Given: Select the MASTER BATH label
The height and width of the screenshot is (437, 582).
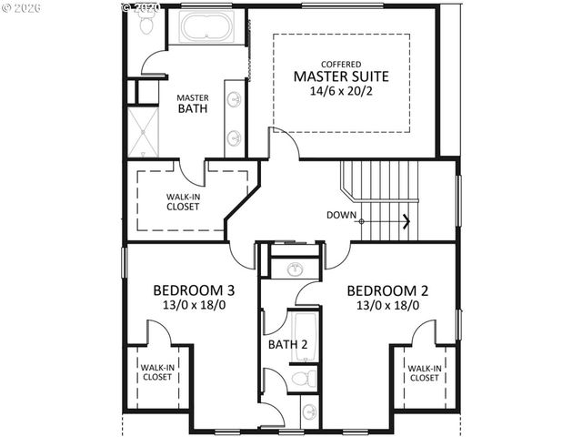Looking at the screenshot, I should [x=192, y=103].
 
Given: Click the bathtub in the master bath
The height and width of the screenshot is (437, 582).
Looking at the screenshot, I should [x=207, y=27].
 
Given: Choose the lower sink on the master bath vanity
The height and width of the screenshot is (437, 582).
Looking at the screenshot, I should [x=235, y=137].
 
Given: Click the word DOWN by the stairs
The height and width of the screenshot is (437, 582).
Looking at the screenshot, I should [x=341, y=215].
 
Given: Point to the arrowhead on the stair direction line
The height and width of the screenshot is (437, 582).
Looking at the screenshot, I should [x=406, y=220].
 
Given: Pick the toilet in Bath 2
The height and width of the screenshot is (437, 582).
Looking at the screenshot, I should [x=303, y=379].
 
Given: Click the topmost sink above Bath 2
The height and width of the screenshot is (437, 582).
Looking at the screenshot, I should [x=295, y=269].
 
